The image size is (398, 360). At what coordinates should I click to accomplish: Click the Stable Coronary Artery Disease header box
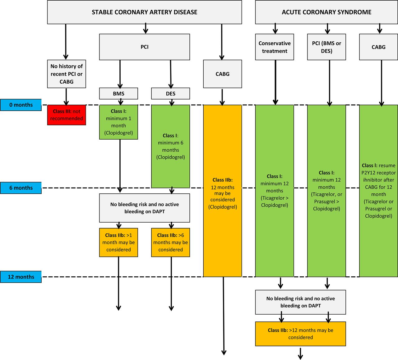(144, 12)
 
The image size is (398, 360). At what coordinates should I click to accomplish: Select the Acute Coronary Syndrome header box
(326, 12)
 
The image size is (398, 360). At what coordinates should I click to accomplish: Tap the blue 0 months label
(21, 105)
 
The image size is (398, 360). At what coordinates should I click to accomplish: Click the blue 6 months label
(21, 188)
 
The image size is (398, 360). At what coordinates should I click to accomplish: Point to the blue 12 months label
(21, 277)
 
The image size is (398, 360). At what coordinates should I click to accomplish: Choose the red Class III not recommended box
(67, 115)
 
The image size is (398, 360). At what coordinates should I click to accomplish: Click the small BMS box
(118, 94)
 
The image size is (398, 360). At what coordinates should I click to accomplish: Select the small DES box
(170, 94)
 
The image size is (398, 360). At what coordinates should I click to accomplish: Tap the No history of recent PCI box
(67, 74)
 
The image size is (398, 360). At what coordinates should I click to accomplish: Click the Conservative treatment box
(275, 47)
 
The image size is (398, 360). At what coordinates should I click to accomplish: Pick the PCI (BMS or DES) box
(326, 47)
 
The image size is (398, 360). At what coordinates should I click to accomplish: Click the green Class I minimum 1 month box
(118, 122)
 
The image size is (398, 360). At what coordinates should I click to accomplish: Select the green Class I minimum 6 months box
(170, 146)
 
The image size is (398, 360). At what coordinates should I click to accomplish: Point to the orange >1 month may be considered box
(118, 242)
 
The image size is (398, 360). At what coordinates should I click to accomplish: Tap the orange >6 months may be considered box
(170, 242)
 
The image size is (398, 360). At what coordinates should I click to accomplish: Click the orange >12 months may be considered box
(300, 334)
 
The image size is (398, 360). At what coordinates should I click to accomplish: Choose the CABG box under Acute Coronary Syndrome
(378, 47)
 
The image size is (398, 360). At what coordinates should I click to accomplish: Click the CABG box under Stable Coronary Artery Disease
(223, 74)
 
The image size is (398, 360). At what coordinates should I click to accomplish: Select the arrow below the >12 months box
(300, 354)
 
